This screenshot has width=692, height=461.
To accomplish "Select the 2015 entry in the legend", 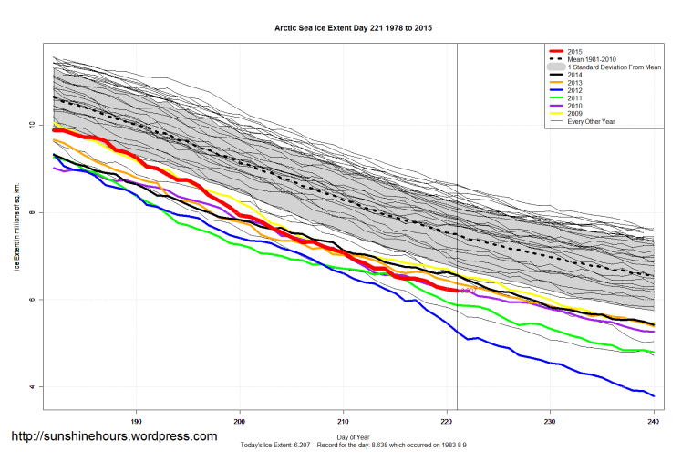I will [576, 51].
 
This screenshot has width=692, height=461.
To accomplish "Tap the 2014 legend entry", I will [576, 76].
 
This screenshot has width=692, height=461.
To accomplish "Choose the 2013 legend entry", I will [576, 83].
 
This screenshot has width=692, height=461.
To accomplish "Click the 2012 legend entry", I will [576, 91].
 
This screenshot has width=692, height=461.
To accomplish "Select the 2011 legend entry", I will [576, 98].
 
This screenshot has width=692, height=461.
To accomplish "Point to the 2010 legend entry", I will [576, 107].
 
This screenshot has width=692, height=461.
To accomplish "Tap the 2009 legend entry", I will [576, 114].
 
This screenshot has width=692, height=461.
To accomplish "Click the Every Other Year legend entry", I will [592, 122].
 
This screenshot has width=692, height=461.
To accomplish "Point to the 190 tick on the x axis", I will [136, 422].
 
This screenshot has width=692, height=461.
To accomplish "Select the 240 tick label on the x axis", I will [653, 422].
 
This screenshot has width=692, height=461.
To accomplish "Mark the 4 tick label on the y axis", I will [32, 387].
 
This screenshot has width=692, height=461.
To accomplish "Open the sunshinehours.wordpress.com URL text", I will [114, 436].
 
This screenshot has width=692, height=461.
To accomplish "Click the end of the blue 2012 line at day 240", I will [653, 395].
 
